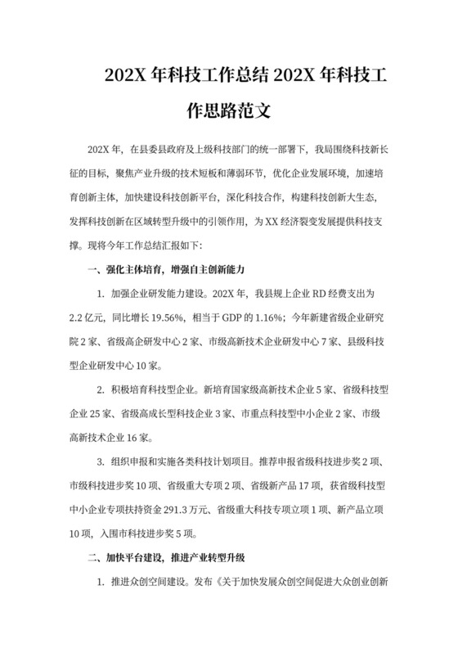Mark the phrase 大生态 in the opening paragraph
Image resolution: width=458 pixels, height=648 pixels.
[371, 197]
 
